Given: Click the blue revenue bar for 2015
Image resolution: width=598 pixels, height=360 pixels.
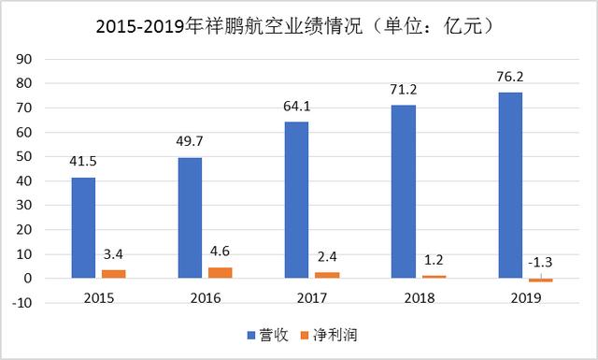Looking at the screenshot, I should pos(83,228).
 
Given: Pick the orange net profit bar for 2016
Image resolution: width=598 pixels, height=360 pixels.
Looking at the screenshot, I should pos(221,273).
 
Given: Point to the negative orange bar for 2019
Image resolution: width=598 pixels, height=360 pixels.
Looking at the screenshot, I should pos(541,281).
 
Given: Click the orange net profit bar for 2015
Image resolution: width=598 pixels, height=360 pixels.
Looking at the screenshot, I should pos(113,274).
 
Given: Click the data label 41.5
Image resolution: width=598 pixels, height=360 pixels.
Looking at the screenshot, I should pos(83,164).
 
